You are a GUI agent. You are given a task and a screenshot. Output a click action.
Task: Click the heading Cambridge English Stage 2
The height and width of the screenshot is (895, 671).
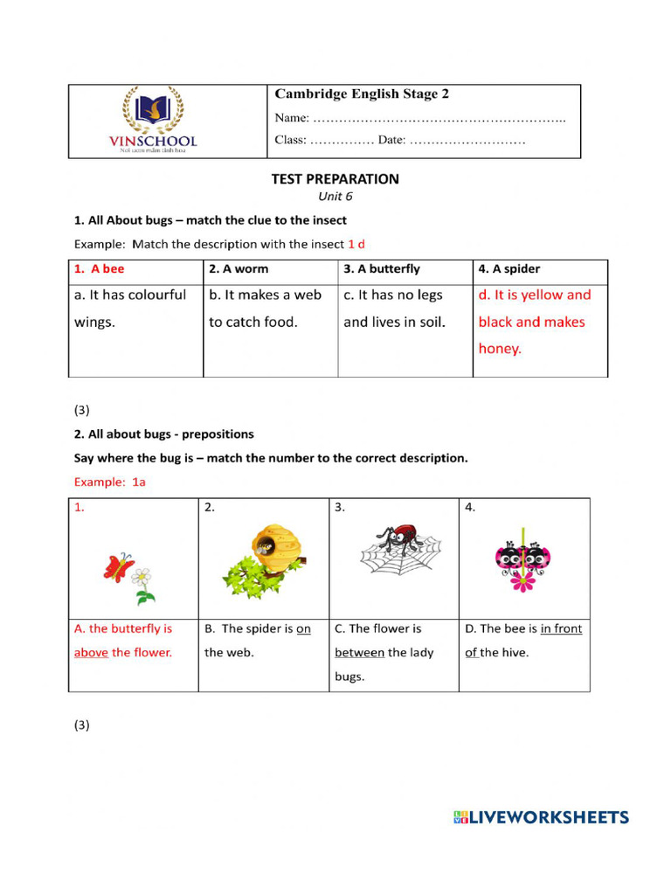[362, 94]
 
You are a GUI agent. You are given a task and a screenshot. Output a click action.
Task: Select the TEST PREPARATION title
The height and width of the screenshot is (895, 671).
[335, 179]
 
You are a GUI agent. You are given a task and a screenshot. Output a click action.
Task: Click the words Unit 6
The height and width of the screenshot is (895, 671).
[335, 197]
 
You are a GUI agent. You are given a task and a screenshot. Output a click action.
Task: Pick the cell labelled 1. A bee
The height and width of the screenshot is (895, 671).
[135, 269]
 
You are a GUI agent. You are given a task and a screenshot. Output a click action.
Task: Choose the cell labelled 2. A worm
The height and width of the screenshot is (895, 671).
[270, 269]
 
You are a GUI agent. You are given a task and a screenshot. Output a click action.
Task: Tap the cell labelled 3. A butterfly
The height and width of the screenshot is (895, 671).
[405, 269]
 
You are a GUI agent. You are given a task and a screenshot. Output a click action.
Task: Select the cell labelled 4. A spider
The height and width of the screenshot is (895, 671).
[540, 269]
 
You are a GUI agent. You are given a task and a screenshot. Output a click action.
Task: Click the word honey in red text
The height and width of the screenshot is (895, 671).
[499, 349]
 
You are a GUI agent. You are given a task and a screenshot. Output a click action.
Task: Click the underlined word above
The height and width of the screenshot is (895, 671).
[91, 652]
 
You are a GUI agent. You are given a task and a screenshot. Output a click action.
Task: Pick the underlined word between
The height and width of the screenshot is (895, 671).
[359, 652]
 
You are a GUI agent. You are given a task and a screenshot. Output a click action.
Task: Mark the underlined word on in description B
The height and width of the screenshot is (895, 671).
[303, 628]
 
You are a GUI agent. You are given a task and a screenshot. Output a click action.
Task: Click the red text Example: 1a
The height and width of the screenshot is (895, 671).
[109, 482]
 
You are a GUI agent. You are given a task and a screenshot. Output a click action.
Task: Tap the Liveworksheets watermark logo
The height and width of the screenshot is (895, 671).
[541, 817]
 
